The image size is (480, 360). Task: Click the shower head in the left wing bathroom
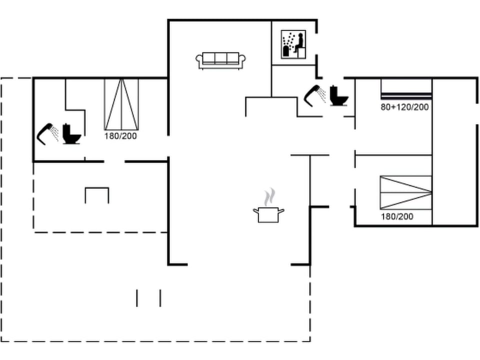(x=47, y=133)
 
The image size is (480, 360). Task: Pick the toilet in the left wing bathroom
(x=72, y=134)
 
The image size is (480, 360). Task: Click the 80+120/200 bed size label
(x=405, y=107)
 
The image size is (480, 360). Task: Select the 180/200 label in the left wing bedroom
(x=120, y=135)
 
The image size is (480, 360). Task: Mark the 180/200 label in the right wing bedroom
(x=397, y=216)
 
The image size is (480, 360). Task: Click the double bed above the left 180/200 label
(x=121, y=104)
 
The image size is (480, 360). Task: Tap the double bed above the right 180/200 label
(x=405, y=192)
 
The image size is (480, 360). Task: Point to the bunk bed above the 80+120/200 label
(x=406, y=89)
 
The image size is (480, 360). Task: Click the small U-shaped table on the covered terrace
(x=97, y=194)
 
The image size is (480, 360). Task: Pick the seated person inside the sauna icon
(x=298, y=43)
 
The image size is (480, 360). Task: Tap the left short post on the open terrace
(x=137, y=297)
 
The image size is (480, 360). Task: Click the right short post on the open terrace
(x=160, y=297)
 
